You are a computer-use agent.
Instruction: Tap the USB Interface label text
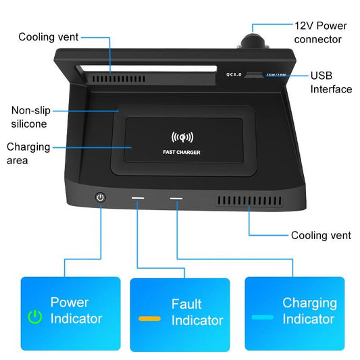(330, 82)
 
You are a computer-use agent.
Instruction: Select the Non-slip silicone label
(30, 116)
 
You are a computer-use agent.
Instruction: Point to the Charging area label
(27, 153)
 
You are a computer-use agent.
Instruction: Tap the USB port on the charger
(253, 76)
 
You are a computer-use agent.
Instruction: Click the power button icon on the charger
(101, 197)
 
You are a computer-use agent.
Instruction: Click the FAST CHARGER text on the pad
(182, 152)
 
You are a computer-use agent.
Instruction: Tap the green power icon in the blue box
(34, 316)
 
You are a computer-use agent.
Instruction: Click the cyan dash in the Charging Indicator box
(263, 316)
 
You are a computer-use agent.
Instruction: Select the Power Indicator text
(76, 310)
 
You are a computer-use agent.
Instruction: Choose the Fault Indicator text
(197, 312)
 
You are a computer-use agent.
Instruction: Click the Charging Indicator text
(309, 311)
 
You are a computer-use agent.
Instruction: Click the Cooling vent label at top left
(49, 37)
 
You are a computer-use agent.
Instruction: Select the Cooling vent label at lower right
(321, 236)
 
